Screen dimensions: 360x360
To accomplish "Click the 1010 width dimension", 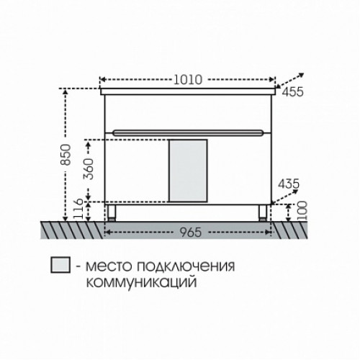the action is [188, 80].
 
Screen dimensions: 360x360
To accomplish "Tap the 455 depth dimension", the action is [292, 92].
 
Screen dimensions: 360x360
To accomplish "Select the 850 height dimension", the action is [66, 155].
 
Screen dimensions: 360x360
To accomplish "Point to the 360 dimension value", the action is [88, 169].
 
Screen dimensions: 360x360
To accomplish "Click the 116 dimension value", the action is [78, 209].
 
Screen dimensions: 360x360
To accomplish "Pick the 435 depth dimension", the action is [289, 184].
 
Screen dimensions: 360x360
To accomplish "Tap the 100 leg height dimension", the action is [302, 211].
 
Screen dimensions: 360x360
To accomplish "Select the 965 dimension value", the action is [191, 232].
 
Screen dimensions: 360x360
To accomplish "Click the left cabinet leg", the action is [112, 213].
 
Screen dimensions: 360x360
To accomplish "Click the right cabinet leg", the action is [263, 213].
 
